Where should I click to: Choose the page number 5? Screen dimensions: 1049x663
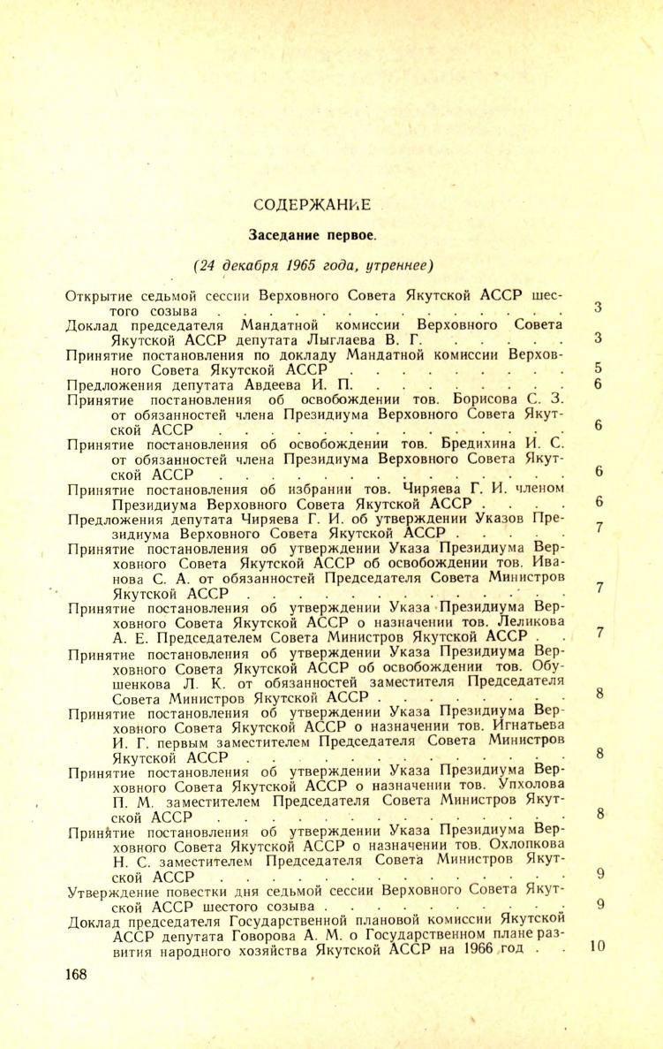[x=598, y=368]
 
